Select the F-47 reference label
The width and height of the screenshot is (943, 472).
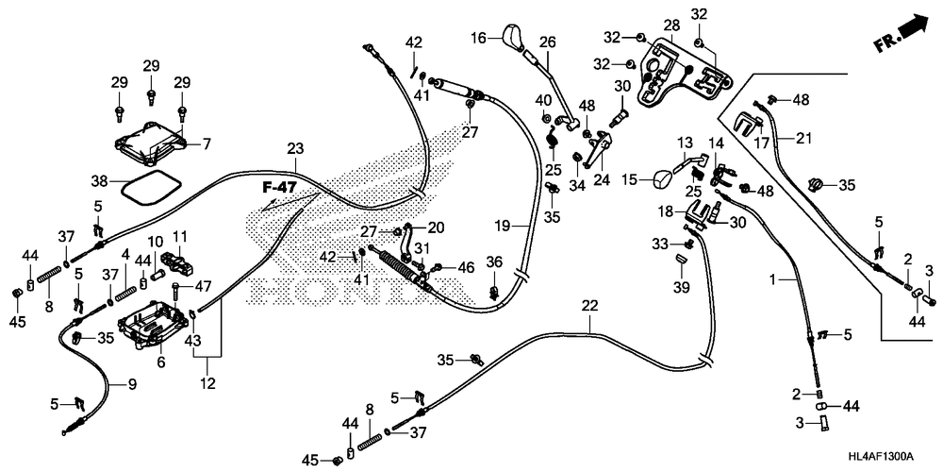pyautogui.click(x=280, y=188)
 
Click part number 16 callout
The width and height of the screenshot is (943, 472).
pyautogui.click(x=478, y=39)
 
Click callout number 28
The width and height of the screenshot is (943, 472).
pyautogui.click(x=671, y=25)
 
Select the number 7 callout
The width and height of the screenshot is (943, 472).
pyautogui.click(x=207, y=143)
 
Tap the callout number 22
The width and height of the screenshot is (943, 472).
pyautogui.click(x=590, y=306)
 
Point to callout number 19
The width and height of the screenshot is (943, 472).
pyautogui.click(x=504, y=227)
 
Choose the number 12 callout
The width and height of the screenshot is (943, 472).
pyautogui.click(x=208, y=383)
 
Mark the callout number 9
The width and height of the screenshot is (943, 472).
pyautogui.click(x=132, y=383)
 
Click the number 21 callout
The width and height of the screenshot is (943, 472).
pyautogui.click(x=803, y=139)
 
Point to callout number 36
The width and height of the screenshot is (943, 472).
pyautogui.click(x=494, y=262)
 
